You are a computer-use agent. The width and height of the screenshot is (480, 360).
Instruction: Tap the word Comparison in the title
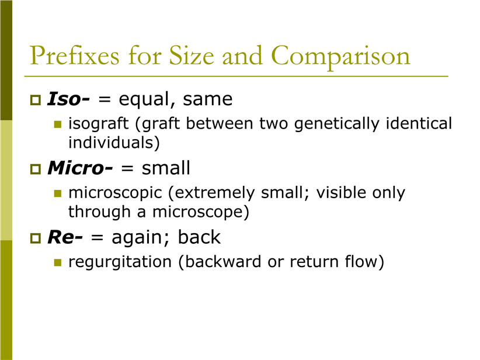click(340, 56)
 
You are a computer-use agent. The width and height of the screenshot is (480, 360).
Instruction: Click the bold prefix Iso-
click(68, 99)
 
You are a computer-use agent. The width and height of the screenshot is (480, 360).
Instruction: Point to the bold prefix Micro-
click(80, 168)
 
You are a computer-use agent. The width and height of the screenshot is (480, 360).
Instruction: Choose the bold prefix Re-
click(65, 237)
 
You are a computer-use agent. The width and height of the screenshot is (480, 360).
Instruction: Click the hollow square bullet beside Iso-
click(36, 100)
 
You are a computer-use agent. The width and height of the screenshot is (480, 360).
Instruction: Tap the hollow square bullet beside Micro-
click(36, 169)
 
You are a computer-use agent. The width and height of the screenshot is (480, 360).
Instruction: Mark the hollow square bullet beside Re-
click(36, 238)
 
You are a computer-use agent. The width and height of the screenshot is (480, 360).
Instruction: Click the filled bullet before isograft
click(58, 124)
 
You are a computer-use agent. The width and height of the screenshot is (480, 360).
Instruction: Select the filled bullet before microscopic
click(58, 193)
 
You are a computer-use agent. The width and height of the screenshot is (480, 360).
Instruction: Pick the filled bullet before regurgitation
click(58, 262)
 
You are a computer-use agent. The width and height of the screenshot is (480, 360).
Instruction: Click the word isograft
click(98, 124)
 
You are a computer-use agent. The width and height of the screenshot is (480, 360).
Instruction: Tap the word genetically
click(337, 124)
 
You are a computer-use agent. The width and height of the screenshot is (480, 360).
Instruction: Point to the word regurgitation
click(120, 262)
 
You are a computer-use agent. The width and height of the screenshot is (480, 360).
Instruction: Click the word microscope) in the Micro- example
click(201, 212)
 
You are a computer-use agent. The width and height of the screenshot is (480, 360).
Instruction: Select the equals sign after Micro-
click(127, 168)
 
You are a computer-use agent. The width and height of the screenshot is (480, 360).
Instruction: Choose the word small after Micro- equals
click(166, 168)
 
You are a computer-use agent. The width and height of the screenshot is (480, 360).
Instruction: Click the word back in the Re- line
click(199, 237)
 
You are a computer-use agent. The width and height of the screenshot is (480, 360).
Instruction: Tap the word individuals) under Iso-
click(114, 143)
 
